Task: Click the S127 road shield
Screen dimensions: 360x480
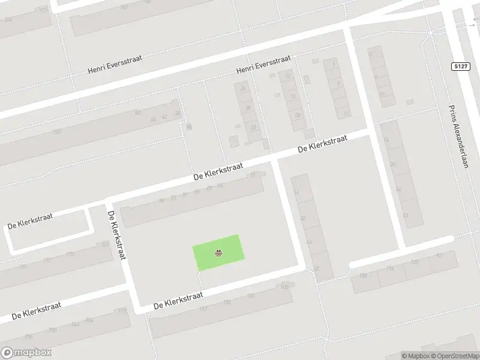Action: click(x=460, y=66)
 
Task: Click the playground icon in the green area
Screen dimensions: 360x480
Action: click(x=219, y=253)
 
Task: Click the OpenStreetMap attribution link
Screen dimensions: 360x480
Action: click(x=454, y=356)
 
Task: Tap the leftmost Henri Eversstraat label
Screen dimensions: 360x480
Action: click(x=114, y=69)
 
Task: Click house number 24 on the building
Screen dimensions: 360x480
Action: click(x=242, y=89)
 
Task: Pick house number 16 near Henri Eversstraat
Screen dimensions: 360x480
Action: click(x=293, y=95)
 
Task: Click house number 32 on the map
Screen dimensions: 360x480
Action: click(x=253, y=127)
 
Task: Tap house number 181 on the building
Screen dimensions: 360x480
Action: click(x=105, y=245)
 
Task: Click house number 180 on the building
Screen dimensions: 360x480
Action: click(x=362, y=276)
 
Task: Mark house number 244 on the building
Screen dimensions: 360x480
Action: click(x=75, y=324)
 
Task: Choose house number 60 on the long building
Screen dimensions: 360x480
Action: click(x=137, y=112)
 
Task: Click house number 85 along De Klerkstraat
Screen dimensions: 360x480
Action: click(x=197, y=191)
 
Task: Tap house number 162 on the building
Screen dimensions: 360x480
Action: click(x=124, y=7)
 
